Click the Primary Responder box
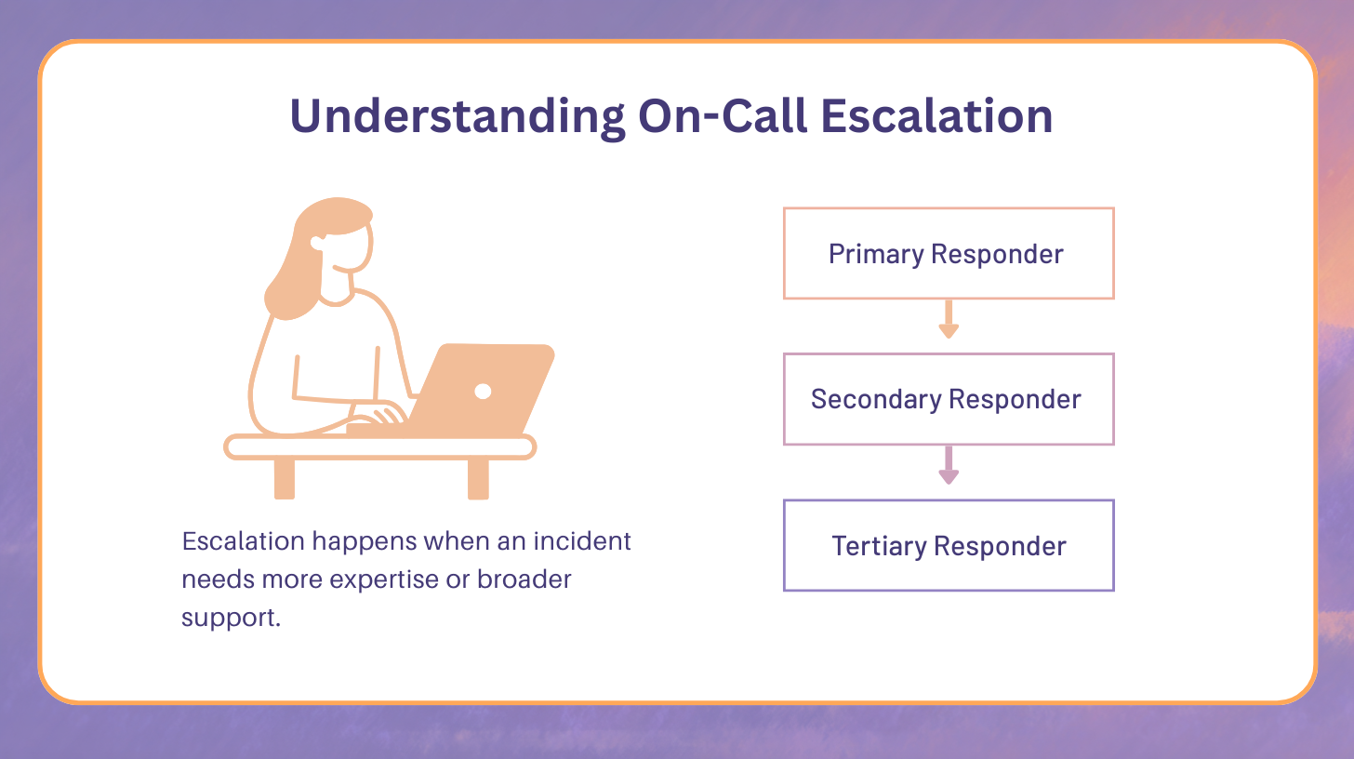coord(948,253)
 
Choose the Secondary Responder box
coord(948,399)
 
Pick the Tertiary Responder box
coord(948,545)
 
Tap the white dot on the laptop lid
coord(483,391)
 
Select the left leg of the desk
coord(285,478)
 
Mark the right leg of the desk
coord(478,478)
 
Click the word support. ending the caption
coord(231,618)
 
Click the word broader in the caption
coord(524,579)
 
